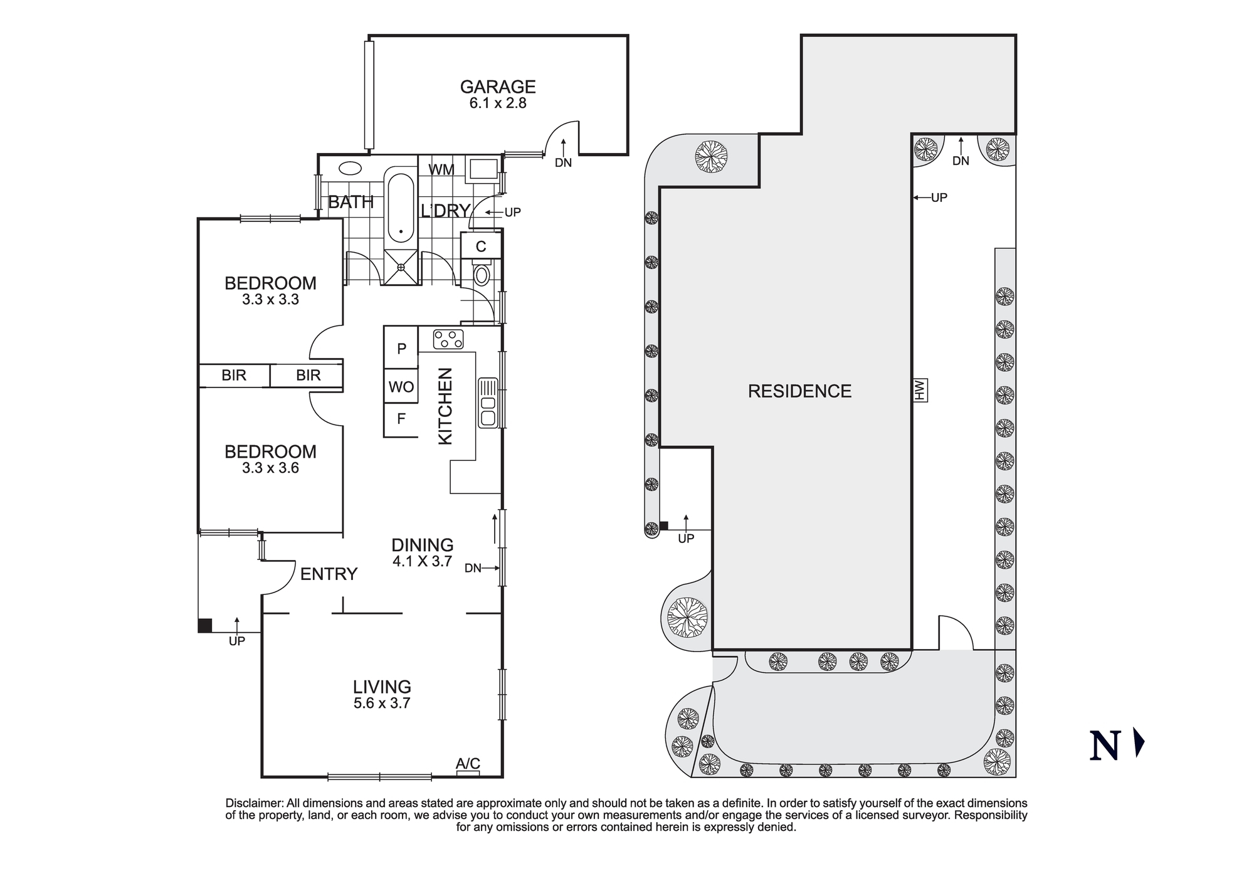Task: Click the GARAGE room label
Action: point(498,87)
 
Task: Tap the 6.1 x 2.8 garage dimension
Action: point(498,103)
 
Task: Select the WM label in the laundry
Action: point(441,169)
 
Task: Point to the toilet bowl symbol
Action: point(482,275)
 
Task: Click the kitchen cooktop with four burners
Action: point(448,339)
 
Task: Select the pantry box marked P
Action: point(401,349)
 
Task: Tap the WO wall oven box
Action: point(401,387)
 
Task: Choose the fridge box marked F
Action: point(401,419)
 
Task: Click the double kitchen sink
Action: point(488,403)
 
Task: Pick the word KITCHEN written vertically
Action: point(445,406)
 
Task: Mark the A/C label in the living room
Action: point(468,763)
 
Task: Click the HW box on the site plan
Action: point(920,390)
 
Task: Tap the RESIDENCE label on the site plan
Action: point(799,391)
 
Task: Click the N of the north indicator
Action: point(1105,746)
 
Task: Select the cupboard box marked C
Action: point(481,246)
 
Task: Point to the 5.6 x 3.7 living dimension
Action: point(382,704)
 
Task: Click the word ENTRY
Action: point(329,574)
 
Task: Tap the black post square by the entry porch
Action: point(205,625)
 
